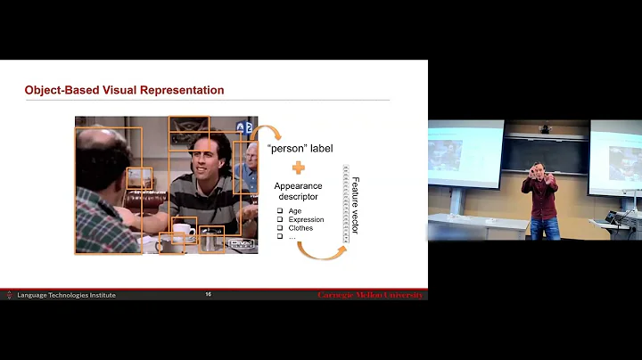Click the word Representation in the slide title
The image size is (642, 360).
pos(182,90)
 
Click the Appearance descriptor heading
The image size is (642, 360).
pos(298,192)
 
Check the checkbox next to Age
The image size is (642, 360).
pos(280,210)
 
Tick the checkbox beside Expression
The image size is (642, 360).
pos(280,219)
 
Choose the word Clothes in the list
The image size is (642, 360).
pos(300,228)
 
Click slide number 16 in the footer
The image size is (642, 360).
pos(208,294)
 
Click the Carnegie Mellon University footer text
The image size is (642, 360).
pos(370,295)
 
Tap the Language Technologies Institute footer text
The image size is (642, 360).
pos(66,295)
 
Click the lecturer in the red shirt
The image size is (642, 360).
pos(541,200)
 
